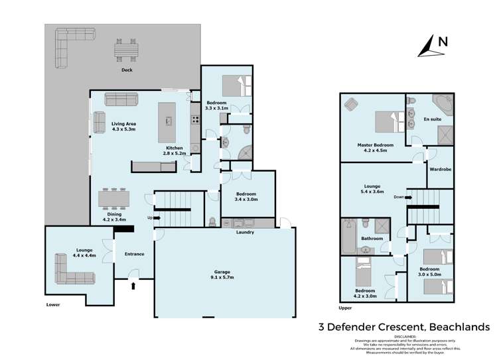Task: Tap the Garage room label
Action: (x=221, y=271)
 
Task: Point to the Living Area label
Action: (x=123, y=123)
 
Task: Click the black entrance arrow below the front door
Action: (x=135, y=286)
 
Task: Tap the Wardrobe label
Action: (x=440, y=170)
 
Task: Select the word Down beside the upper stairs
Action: (x=397, y=197)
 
